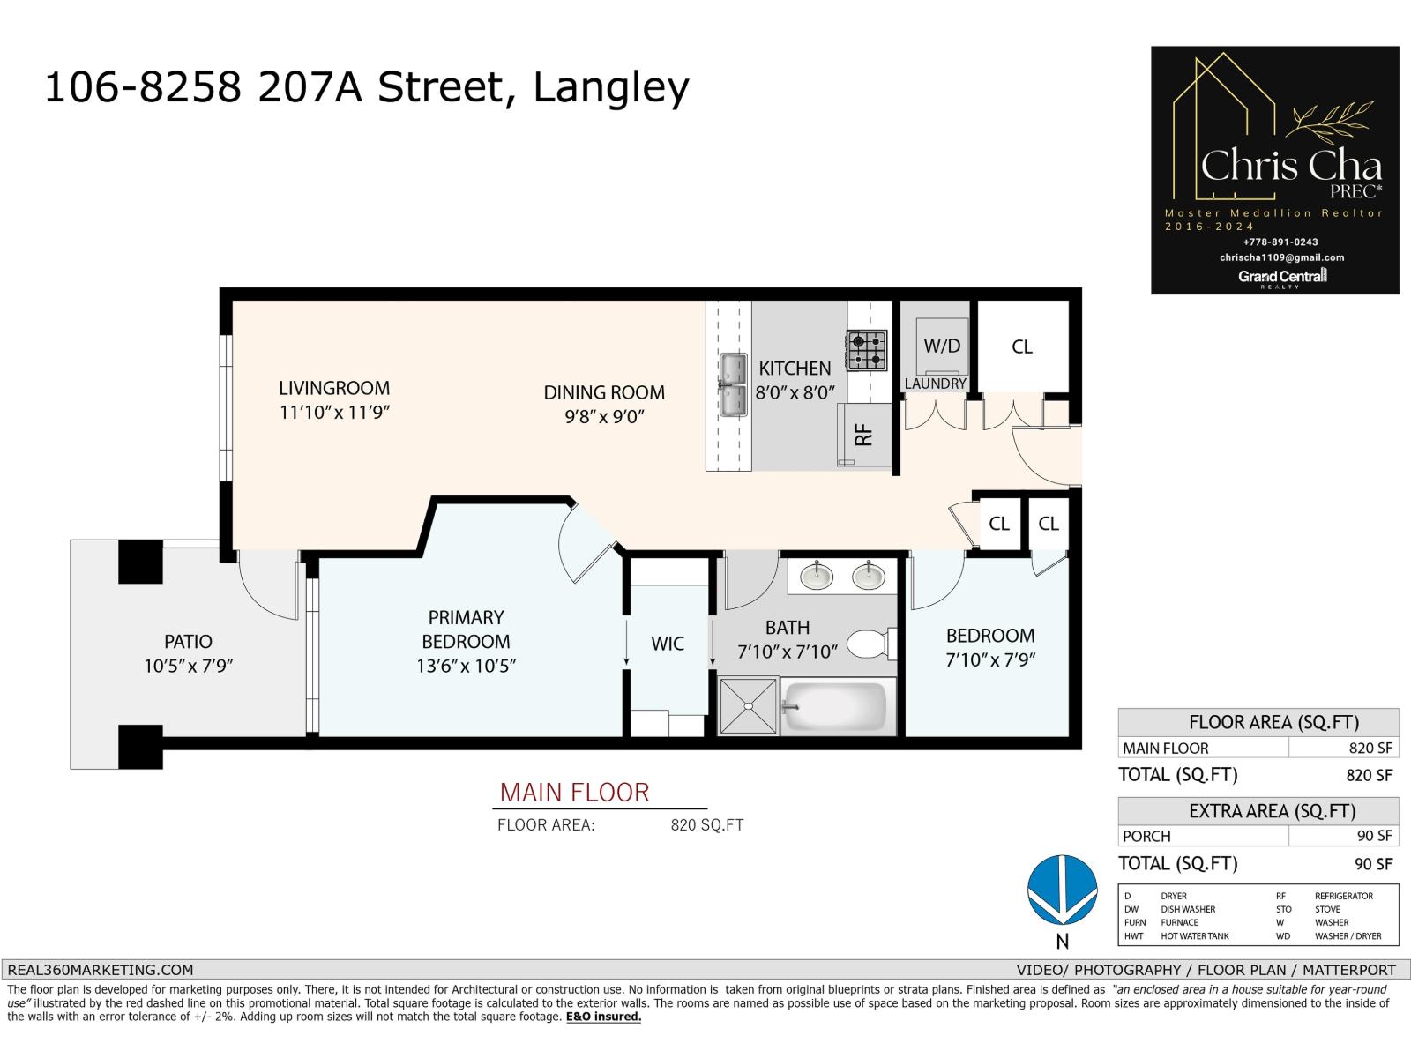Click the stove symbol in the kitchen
point(867,348)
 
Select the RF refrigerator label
point(863,434)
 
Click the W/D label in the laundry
point(941,346)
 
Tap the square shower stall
point(748,705)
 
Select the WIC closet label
point(668,644)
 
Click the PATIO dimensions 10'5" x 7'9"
point(189,666)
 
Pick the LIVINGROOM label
point(334,388)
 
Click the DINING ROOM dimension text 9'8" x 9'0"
point(604,416)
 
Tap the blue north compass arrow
point(1063,890)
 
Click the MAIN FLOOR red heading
point(574,793)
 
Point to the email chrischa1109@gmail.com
point(1281,257)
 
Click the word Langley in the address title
point(610,87)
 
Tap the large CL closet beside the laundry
point(1022,346)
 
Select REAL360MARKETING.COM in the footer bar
point(100,970)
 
